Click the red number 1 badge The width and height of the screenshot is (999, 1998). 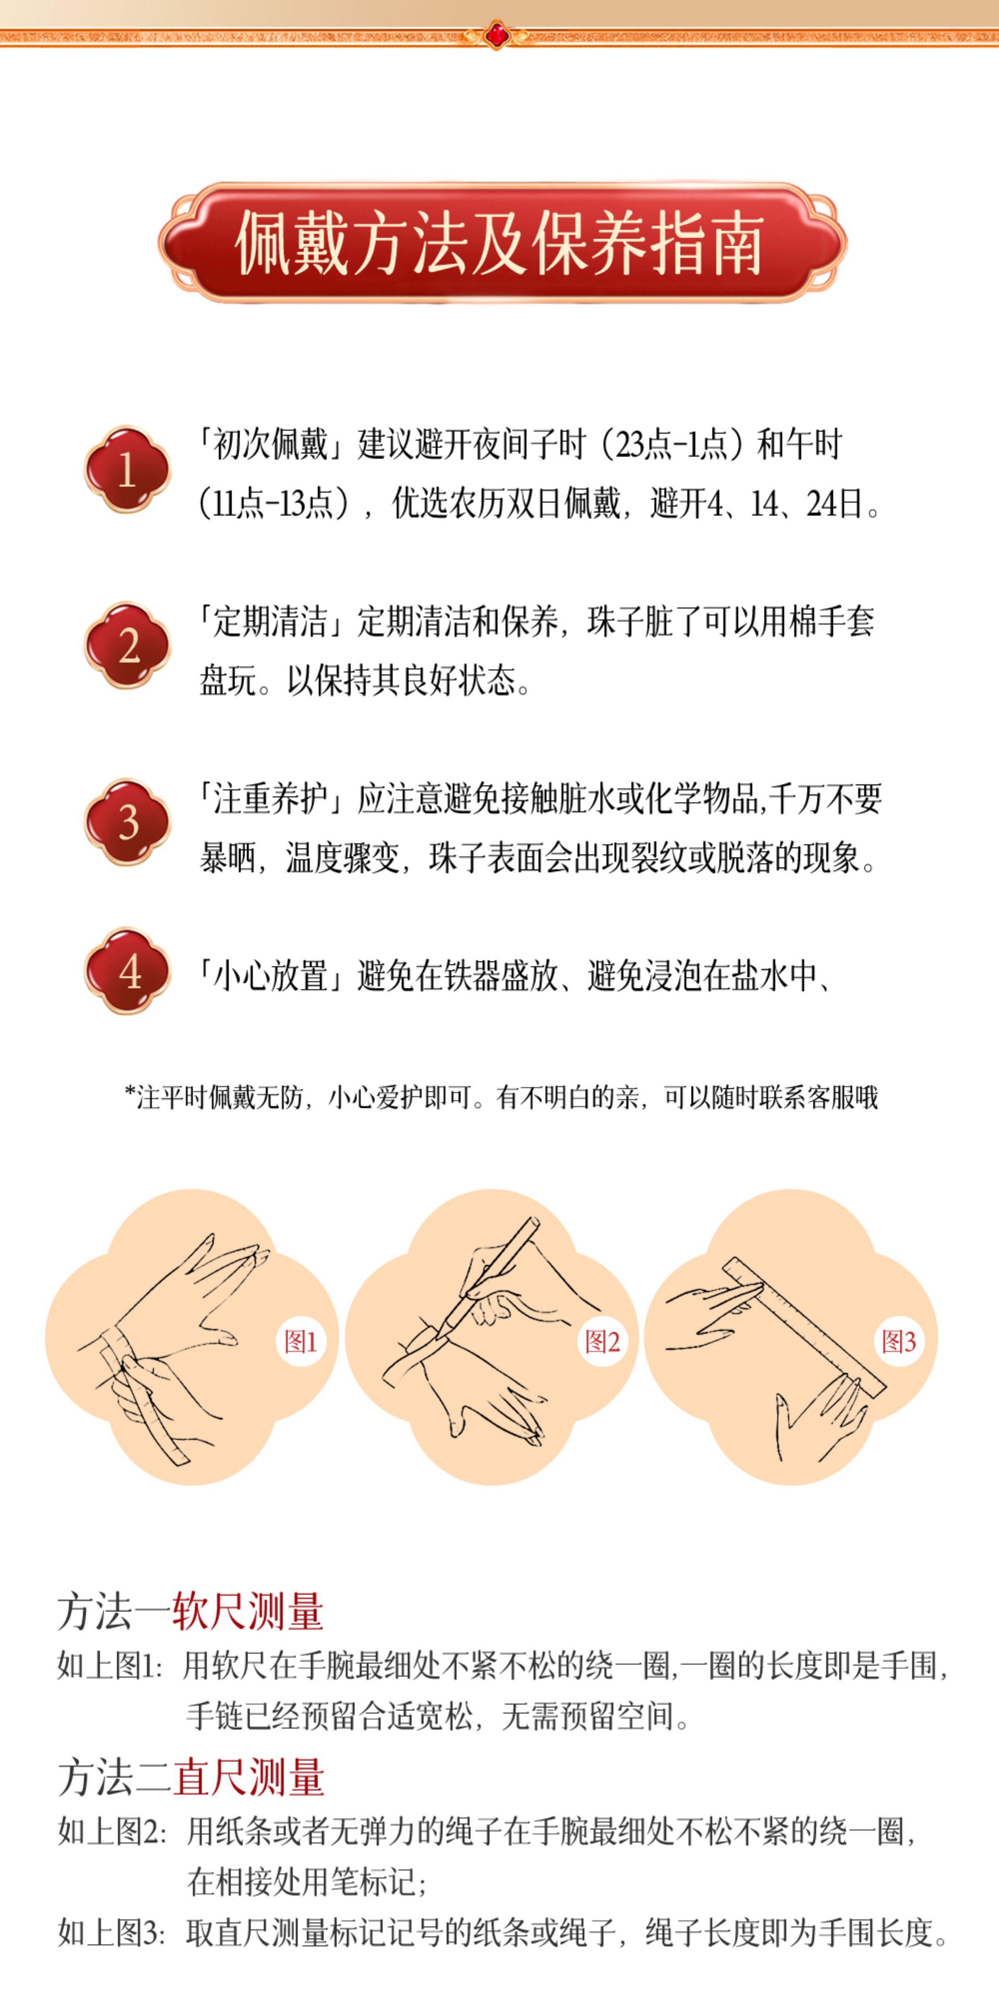[x=127, y=469]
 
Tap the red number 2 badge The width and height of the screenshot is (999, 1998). [x=127, y=645]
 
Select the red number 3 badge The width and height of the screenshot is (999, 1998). [x=127, y=822]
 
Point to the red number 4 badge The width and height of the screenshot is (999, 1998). [x=127, y=971]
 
